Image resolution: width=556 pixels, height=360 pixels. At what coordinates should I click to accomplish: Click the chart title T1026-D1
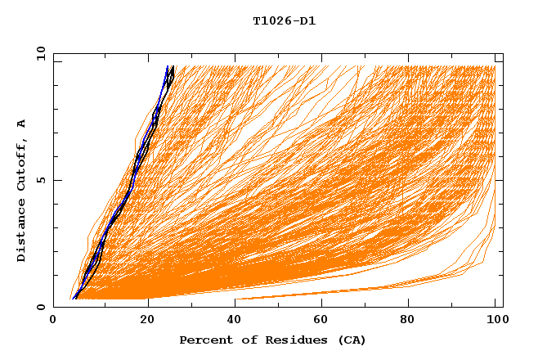pyautogui.click(x=284, y=21)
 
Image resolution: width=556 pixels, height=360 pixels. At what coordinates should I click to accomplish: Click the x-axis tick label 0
pyautogui.click(x=53, y=322)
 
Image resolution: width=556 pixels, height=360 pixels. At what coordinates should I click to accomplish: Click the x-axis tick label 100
pyautogui.click(x=495, y=322)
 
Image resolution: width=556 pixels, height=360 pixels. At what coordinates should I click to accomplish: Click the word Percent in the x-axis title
pyautogui.click(x=204, y=340)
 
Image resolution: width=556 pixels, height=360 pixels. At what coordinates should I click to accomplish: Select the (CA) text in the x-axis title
pyautogui.click(x=349, y=340)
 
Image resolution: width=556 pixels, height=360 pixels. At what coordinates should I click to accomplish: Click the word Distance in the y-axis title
pyautogui.click(x=22, y=233)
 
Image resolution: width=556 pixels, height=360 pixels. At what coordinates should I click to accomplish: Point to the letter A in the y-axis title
pyautogui.click(x=22, y=123)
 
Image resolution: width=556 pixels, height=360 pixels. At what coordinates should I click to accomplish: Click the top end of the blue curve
pyautogui.click(x=167, y=66)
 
